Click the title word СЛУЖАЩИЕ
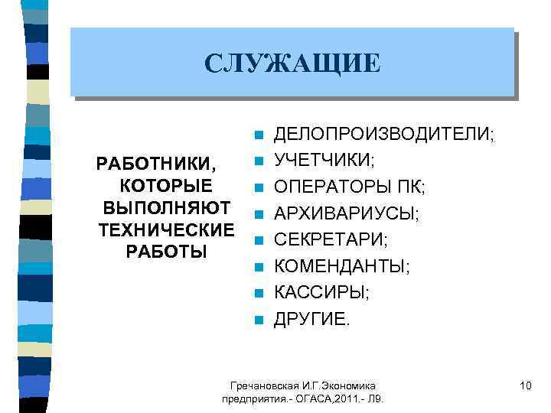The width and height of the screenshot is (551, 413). click(292, 63)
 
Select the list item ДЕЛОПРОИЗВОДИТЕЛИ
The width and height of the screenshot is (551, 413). click(383, 135)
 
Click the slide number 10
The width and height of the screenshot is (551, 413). click(524, 385)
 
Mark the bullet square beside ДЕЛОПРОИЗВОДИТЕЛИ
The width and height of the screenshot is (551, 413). click(259, 135)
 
